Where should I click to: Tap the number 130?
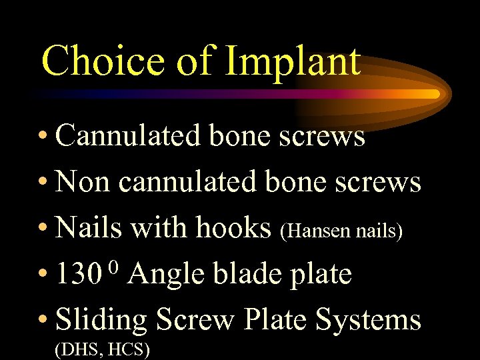click(x=79, y=274)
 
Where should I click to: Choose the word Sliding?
click(x=101, y=321)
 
